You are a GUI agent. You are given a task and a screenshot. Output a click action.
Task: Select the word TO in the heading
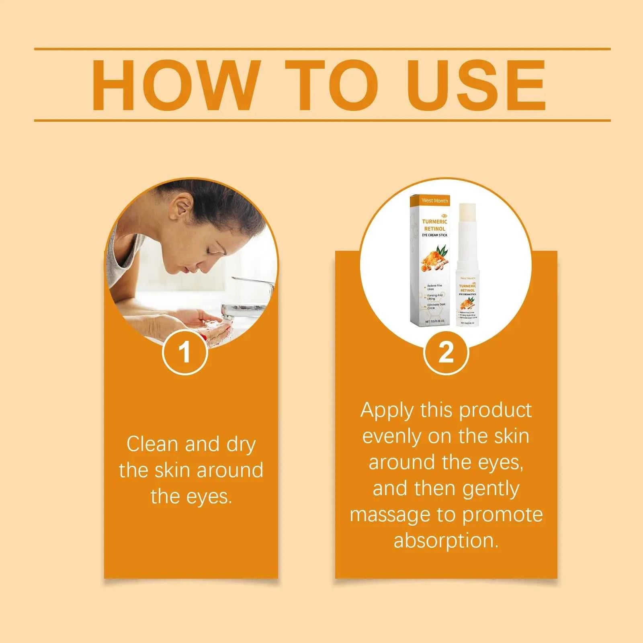[x=332, y=85]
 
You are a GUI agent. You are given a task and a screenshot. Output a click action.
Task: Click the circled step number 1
[x=184, y=352]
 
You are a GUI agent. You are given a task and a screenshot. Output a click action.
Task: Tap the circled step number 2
[x=446, y=352]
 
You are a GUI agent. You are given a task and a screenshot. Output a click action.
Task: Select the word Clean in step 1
[x=152, y=444]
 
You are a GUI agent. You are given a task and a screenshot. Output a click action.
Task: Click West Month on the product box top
[x=434, y=201]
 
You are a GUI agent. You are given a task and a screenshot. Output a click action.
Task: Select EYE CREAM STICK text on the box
[x=434, y=235]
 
